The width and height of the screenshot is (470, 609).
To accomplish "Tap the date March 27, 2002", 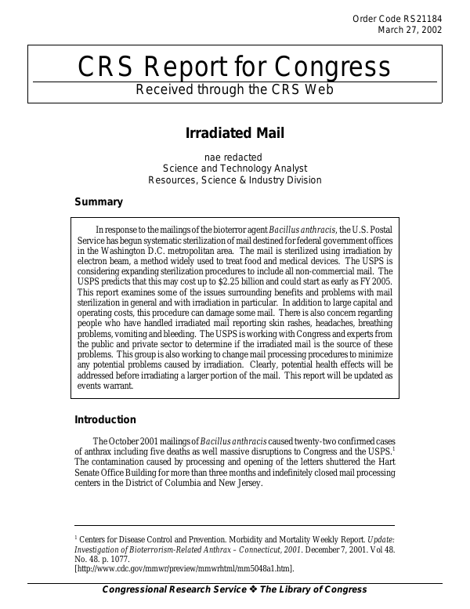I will pyautogui.click(x=410, y=31).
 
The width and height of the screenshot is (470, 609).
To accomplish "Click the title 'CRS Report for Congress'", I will pyautogui.click(x=234, y=67).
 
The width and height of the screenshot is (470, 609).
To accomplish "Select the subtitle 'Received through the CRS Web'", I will pyautogui.click(x=235, y=89).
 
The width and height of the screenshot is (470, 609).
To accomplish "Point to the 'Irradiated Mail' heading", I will pyautogui.click(x=234, y=132).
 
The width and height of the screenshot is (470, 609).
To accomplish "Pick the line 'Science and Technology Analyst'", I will pyautogui.click(x=234, y=168).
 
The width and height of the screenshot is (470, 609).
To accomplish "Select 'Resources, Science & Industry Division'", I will pyautogui.click(x=234, y=179).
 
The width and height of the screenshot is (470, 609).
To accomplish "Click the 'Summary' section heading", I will pyautogui.click(x=98, y=202).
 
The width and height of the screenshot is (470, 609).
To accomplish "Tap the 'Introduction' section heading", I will pyautogui.click(x=105, y=420).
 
